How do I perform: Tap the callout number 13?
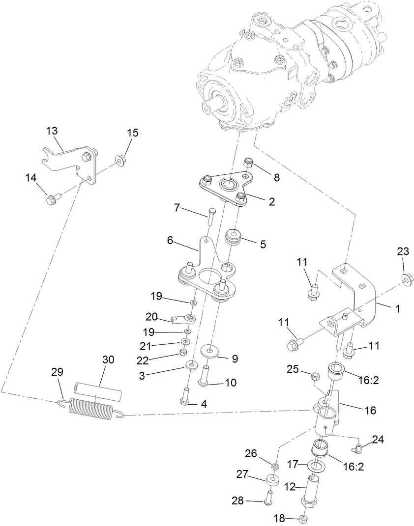tap(52, 131)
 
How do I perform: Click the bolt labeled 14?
tap(51, 200)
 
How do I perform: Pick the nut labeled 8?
tap(249, 162)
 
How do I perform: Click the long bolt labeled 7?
tap(212, 216)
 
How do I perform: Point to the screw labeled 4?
tap(185, 396)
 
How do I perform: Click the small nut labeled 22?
tap(182, 352)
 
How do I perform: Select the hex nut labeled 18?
tap(304, 519)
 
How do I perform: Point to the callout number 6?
tap(170, 240)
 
